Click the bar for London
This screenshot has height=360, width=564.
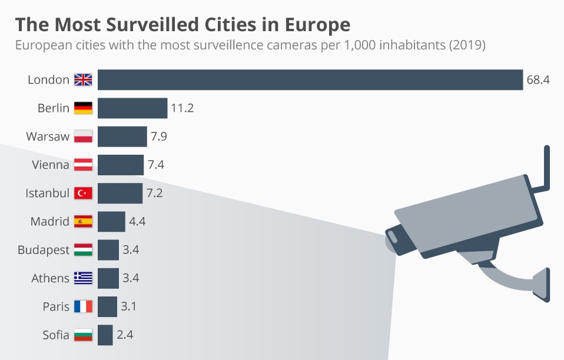pyautogui.click(x=310, y=80)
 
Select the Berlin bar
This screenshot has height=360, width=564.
pyautogui.click(x=132, y=108)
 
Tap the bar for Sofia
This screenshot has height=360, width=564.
pyautogui.click(x=105, y=335)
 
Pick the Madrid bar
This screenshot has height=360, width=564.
pyautogui.click(x=111, y=222)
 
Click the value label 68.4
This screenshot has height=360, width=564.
pyautogui.click(x=538, y=80)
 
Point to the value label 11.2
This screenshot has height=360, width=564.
pyautogui.click(x=183, y=108)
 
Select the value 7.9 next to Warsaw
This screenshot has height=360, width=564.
pyautogui.click(x=158, y=136)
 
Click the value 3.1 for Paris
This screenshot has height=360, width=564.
pyautogui.click(x=129, y=306)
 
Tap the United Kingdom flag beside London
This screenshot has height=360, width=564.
pyautogui.click(x=83, y=80)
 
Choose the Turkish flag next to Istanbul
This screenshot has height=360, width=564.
pyautogui.click(x=83, y=194)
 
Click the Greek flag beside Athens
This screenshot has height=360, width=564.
pyautogui.click(x=83, y=278)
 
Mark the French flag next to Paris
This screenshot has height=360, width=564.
pyautogui.click(x=83, y=306)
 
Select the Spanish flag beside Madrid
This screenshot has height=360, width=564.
pyautogui.click(x=83, y=222)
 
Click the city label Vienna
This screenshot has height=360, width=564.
pyautogui.click(x=51, y=165)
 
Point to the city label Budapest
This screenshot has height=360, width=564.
pyautogui.click(x=44, y=250)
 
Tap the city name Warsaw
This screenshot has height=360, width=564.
pyautogui.click(x=48, y=136)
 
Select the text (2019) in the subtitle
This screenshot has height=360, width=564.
pyautogui.click(x=466, y=45)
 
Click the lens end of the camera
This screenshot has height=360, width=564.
pyautogui.click(x=393, y=241)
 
